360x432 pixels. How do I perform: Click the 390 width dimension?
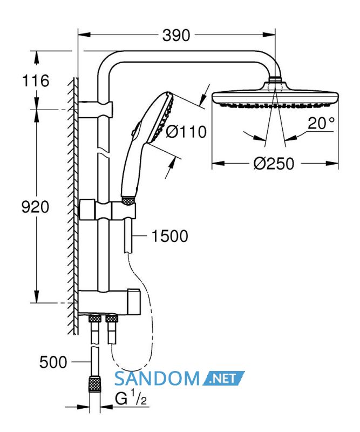[x=176, y=36]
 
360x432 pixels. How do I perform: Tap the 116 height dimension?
[x=36, y=80]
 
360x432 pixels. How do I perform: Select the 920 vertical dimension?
[x=35, y=207]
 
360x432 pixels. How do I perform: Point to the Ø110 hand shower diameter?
[x=186, y=131]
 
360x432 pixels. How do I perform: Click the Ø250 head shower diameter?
[x=274, y=164]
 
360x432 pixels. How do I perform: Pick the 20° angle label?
[x=321, y=123]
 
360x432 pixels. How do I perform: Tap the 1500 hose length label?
[x=169, y=236]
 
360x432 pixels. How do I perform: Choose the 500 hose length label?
[x=53, y=362]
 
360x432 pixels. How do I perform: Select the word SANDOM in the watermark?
[x=157, y=379]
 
